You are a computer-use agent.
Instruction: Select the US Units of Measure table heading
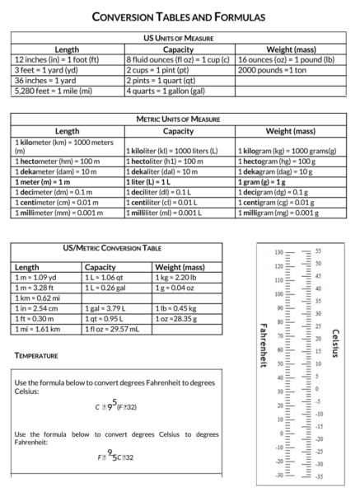179,38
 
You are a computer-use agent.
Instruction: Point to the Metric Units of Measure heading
179,119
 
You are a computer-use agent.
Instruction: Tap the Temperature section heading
36,356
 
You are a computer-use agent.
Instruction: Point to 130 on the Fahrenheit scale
278,252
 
